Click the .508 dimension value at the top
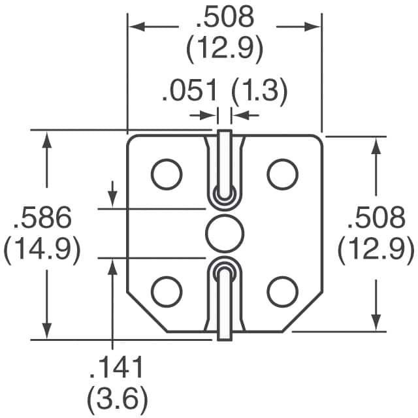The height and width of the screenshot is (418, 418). (224, 18)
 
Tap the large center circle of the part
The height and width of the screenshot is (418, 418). (225, 233)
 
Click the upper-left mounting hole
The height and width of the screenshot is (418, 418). (167, 173)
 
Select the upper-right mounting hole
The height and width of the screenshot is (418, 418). (282, 173)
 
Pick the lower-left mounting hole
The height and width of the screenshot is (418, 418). (167, 291)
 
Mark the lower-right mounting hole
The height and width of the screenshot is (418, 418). (282, 291)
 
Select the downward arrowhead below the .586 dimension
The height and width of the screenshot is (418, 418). (46, 330)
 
